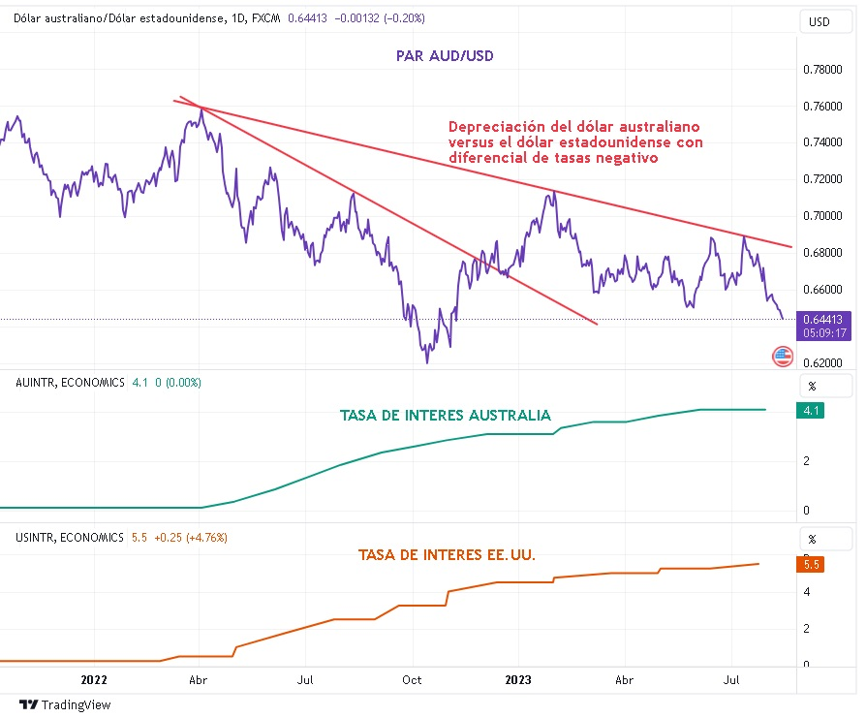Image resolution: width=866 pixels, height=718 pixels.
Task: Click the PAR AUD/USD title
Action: pos(444,56)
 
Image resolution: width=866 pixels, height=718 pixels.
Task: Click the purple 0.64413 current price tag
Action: pos(823,318)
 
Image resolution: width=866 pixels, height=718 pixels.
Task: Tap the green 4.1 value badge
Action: pos(812,411)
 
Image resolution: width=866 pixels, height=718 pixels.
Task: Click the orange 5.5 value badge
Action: pos(812,563)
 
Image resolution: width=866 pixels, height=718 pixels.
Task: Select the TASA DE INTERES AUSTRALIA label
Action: pos(446,416)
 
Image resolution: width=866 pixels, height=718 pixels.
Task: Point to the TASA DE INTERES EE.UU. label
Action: pos(447,555)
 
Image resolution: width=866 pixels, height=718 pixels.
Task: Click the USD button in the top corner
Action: pos(819,21)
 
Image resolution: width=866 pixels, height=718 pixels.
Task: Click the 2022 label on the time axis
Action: pos(95,681)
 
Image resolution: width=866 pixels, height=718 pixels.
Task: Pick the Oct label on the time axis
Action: pos(412,681)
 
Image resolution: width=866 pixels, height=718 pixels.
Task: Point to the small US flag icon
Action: pos(783,357)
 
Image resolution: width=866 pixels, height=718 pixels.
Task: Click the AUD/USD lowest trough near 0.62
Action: pos(426,362)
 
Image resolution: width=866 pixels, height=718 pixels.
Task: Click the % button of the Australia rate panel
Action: pos(812,385)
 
